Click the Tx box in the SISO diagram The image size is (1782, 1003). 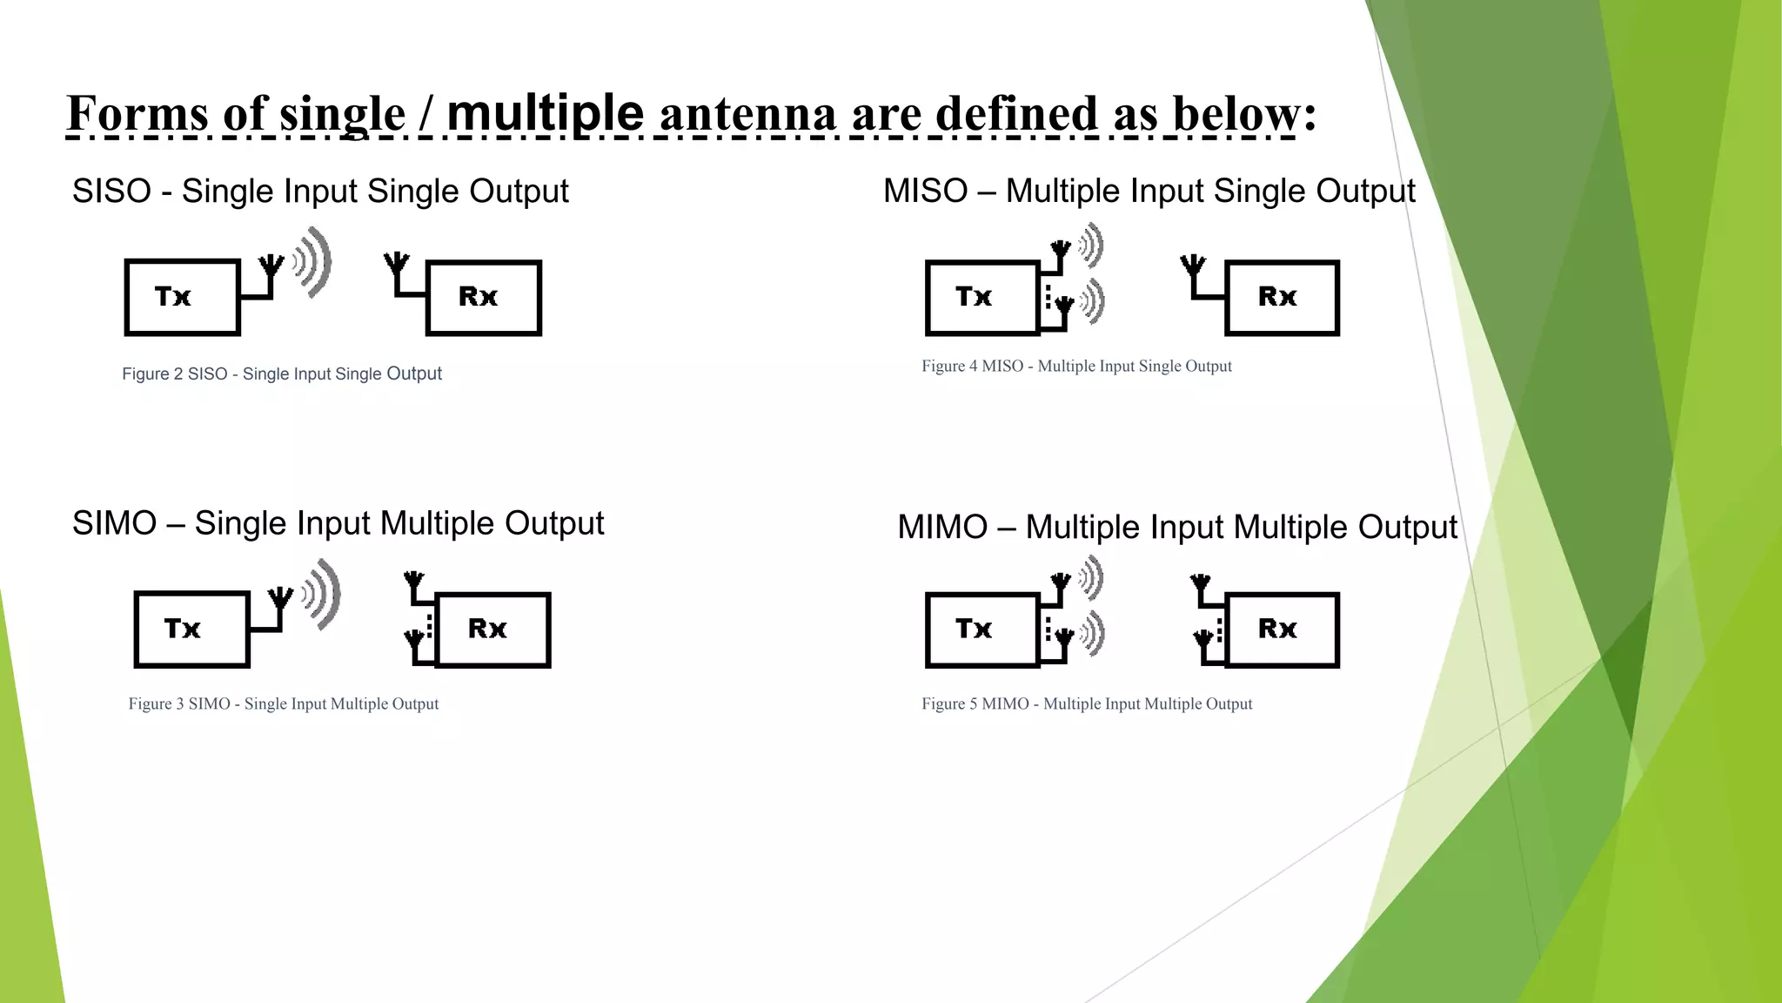coord(182,297)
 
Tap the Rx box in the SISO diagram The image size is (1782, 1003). coord(483,297)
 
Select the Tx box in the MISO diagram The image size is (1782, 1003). coord(981,297)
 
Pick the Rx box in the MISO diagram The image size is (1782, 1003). coord(1282,297)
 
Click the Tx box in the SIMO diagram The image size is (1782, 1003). coord(191,629)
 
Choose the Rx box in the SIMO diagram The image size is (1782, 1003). coord(492,629)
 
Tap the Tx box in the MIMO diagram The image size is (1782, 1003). coord(981,629)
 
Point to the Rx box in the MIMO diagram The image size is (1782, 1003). coord(1282,629)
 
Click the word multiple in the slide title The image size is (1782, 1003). coord(545,113)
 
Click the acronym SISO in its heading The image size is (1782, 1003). coord(111,191)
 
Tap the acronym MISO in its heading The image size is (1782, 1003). coord(925,191)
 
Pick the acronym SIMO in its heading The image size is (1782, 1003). coord(114,523)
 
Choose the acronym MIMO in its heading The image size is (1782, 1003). coord(942,527)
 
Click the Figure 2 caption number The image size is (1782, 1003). coord(178,374)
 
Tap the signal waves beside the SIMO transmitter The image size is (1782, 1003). coord(322,594)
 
